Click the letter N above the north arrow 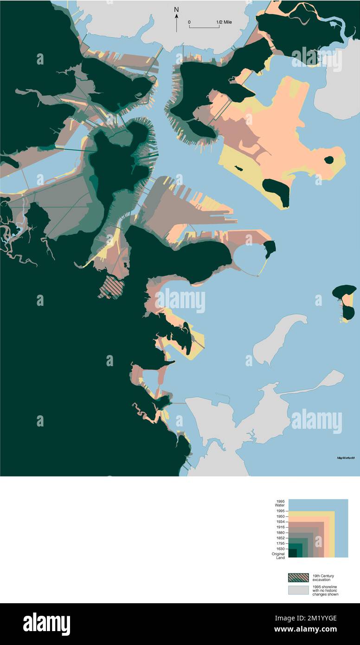(x=176, y=9)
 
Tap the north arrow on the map (x=176, y=23)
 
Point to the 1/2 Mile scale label (x=225, y=22)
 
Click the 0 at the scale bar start (x=189, y=22)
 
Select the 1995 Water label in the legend (x=280, y=503)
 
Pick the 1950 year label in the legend (x=280, y=516)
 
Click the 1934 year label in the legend (x=280, y=522)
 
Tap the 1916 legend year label (x=280, y=528)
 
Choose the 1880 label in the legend (x=280, y=533)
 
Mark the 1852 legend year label (x=280, y=538)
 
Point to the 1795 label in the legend (x=280, y=543)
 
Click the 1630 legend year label (x=280, y=549)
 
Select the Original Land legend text (x=278, y=556)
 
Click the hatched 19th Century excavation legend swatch (x=298, y=578)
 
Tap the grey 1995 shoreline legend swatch (x=298, y=590)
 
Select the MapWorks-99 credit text (x=346, y=458)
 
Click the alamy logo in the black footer (x=46, y=624)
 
